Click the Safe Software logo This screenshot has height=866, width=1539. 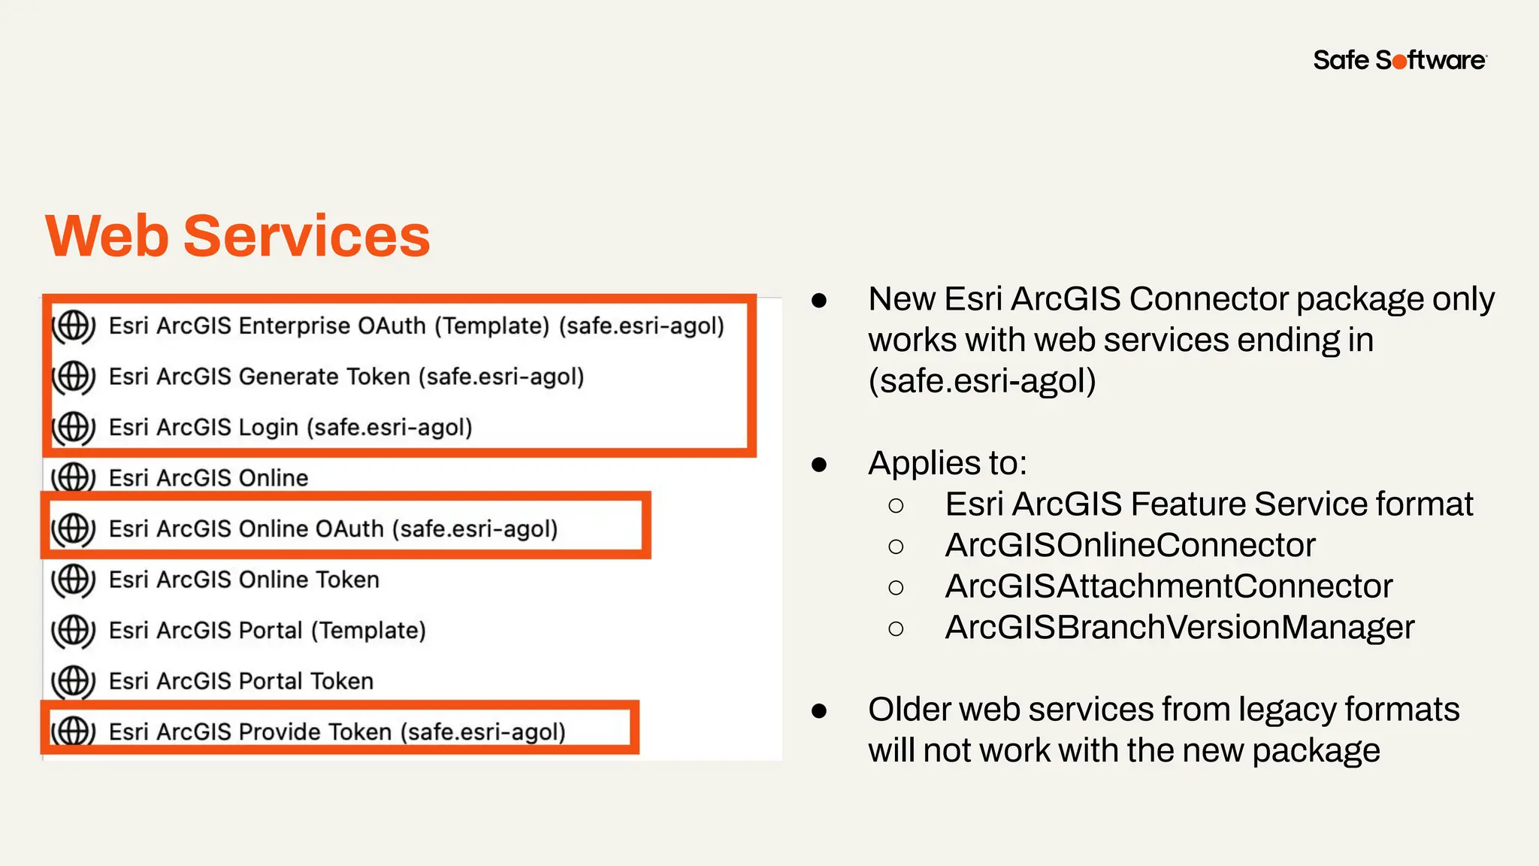pos(1399,60)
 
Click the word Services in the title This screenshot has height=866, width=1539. pos(307,236)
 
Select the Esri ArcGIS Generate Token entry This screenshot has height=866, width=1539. pos(346,377)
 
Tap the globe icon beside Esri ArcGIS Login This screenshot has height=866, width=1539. pos(73,427)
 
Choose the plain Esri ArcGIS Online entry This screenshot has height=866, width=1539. pos(208,478)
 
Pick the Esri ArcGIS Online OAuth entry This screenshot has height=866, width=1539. pos(333,528)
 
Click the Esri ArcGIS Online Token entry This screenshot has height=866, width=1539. pos(243,580)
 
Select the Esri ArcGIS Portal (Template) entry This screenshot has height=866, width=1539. pos(267,630)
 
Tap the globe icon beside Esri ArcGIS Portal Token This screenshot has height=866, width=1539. pos(73,681)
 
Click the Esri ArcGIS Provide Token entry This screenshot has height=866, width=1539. pos(337,731)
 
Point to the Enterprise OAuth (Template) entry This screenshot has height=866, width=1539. pos(416,326)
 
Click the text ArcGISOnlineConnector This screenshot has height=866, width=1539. pos(1130,545)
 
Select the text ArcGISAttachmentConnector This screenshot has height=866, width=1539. pos(1169,586)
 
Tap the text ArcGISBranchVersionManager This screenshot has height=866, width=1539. pos(1179,628)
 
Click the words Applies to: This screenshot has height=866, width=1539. pos(947,463)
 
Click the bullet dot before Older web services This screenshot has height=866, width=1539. pos(819,710)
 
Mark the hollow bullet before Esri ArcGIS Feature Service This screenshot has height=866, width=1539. pos(895,505)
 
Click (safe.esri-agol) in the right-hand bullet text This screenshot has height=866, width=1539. pos(982,381)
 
